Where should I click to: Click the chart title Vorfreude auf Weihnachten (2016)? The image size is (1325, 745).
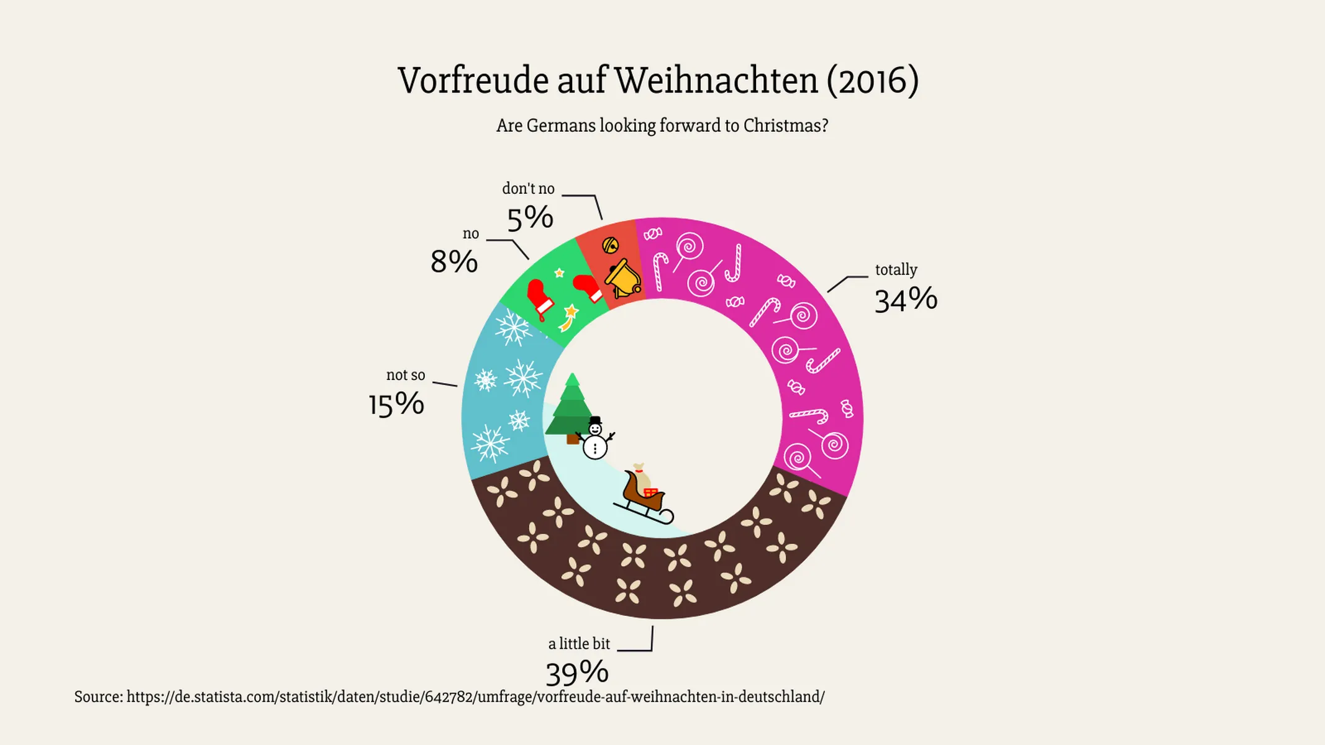(658, 81)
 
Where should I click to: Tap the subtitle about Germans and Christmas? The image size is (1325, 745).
(662, 126)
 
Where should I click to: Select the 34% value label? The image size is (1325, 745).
(905, 300)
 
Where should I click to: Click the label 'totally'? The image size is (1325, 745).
(896, 270)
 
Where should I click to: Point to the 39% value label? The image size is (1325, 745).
(576, 673)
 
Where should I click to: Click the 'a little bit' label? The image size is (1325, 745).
(579, 644)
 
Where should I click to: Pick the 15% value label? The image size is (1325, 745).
(396, 405)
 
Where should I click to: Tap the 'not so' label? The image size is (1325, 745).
(406, 375)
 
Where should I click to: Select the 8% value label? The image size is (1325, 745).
(454, 262)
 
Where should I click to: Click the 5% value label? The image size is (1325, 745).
(530, 219)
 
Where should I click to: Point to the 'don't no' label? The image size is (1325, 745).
(528, 189)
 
